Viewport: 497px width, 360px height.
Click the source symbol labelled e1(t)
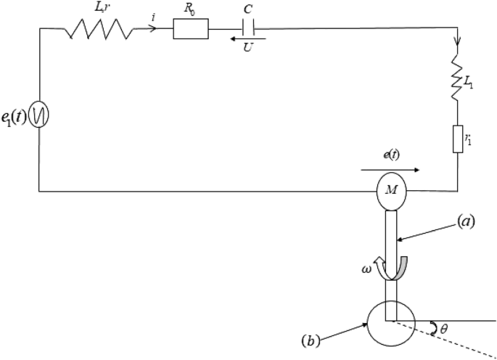pyautogui.click(x=39, y=117)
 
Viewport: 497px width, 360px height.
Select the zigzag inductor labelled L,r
pyautogui.click(x=99, y=30)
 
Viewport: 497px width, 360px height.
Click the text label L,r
pyautogui.click(x=101, y=9)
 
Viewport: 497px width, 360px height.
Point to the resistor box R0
pyautogui.click(x=191, y=30)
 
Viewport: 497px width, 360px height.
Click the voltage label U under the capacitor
pyautogui.click(x=249, y=52)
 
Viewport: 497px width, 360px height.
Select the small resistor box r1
pyautogui.click(x=458, y=138)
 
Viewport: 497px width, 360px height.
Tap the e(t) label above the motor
pyautogui.click(x=392, y=156)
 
